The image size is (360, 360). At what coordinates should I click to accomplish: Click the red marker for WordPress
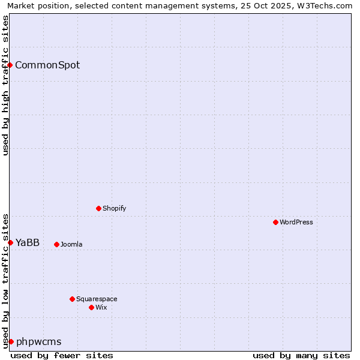point(275,222)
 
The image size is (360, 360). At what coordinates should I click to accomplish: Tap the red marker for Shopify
point(98,208)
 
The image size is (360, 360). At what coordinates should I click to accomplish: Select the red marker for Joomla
point(56,244)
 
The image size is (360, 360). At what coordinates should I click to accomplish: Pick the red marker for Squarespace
point(72,299)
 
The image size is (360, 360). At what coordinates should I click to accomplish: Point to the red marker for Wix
point(91,307)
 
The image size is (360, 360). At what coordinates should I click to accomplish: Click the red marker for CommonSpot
point(10,65)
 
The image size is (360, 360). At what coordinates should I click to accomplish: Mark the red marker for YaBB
point(10,242)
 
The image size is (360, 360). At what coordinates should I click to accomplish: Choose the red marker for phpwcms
point(11,341)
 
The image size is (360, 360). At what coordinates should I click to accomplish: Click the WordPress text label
point(296,222)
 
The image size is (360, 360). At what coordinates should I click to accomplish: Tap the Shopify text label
point(114,208)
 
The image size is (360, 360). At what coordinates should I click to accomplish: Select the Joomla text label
point(71,244)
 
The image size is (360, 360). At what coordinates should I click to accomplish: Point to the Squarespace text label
point(97,299)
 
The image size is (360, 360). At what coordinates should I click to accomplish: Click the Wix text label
point(101,307)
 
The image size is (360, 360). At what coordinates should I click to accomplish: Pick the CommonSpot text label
point(47,65)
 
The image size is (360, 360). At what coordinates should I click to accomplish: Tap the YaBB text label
point(28,242)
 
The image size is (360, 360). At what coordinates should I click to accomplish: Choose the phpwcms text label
point(39,341)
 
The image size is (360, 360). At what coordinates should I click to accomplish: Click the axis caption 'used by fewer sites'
point(62,355)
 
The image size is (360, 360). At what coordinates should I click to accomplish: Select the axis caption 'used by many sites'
point(301,355)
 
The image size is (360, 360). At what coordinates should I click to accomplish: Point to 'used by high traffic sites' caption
point(5,85)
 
